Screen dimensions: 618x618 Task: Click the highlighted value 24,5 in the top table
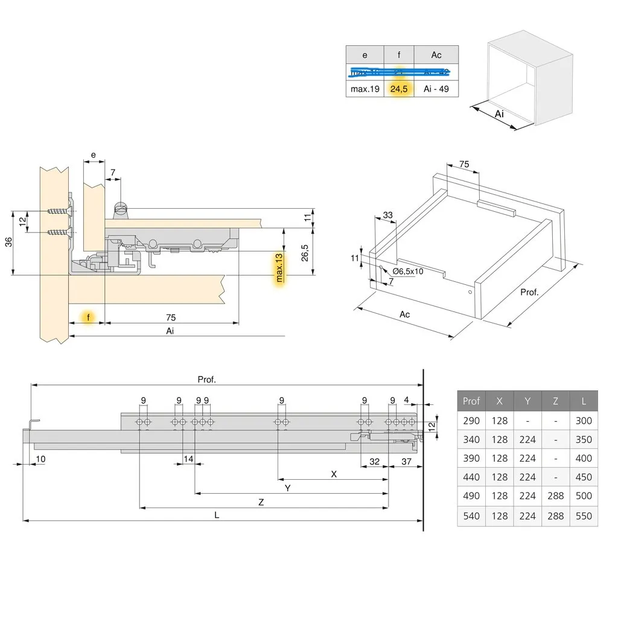pos(399,89)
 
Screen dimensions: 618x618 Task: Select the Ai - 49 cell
pos(436,89)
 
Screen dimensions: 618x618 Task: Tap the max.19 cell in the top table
pos(365,89)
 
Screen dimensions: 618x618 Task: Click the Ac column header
pos(436,55)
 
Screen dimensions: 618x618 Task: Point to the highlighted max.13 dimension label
pos(279,268)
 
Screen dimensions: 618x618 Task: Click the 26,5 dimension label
pos(305,252)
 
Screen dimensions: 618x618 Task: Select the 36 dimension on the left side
pos(8,241)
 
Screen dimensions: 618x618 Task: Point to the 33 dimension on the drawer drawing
pos(387,215)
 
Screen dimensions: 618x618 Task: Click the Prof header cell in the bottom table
pos(471,401)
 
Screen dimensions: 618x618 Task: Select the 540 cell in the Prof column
pos(471,516)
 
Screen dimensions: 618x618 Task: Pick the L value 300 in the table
pos(584,421)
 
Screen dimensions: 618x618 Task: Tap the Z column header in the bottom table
pos(556,401)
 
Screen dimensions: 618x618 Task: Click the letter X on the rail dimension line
pos(334,474)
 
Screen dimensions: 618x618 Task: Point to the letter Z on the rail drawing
pos(261,502)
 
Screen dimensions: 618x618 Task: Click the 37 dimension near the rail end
pos(406,462)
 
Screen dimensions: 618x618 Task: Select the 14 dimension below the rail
pos(189,459)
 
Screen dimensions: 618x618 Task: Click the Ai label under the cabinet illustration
pos(499,114)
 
